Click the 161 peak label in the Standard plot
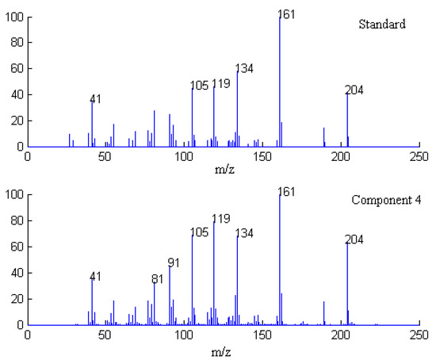point(287,14)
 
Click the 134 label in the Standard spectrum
point(244,68)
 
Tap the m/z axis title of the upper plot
point(224,170)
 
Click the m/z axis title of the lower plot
point(224,350)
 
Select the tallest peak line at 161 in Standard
point(280,79)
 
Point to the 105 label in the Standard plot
point(200,86)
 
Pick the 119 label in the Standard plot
point(221,82)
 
